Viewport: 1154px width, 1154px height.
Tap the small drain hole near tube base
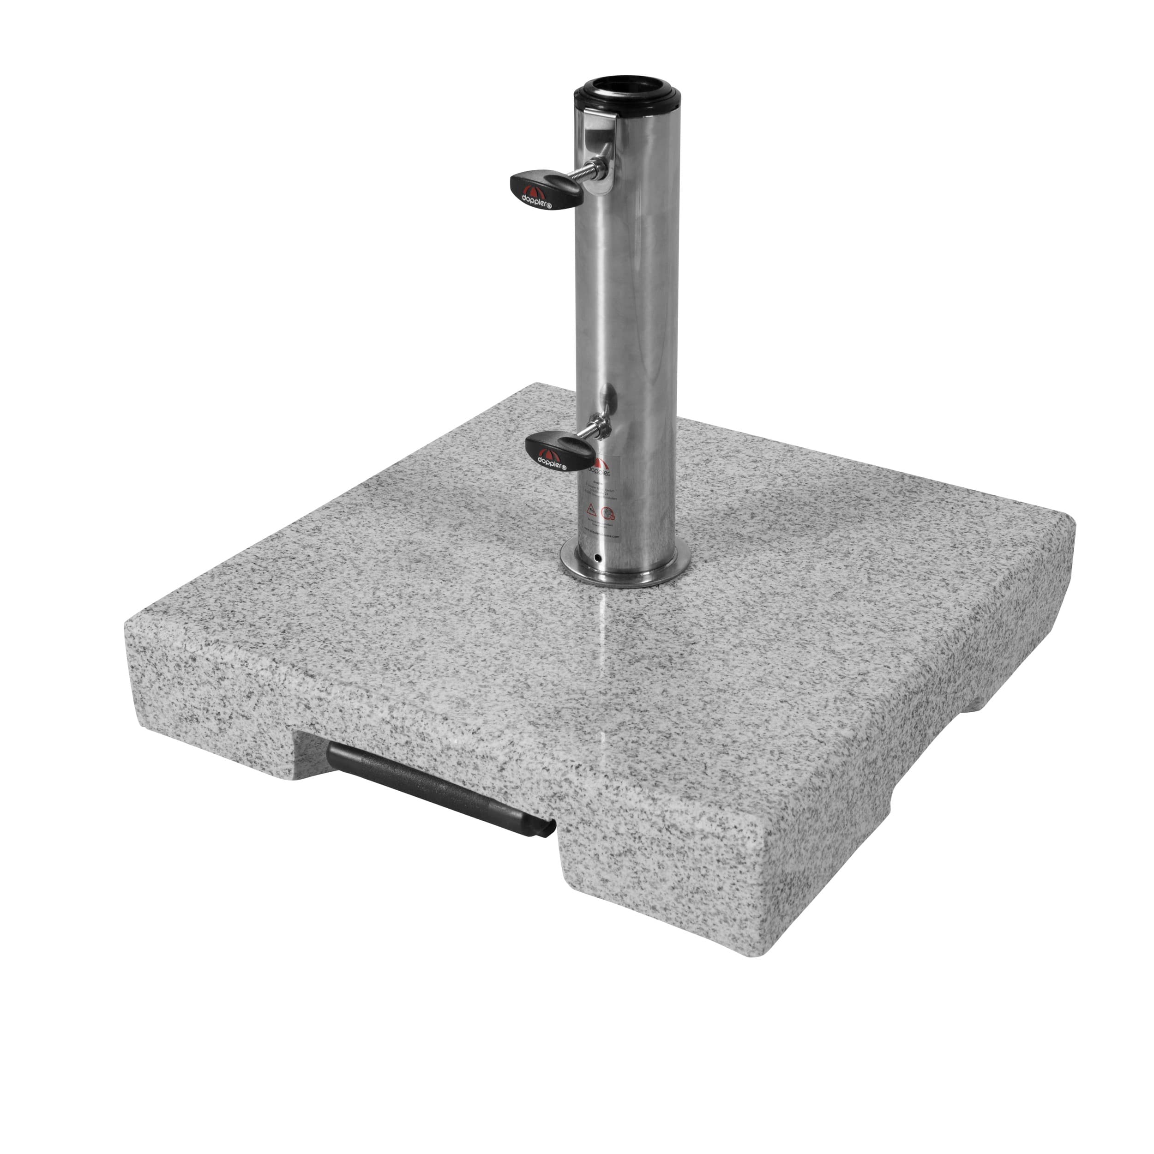[598, 557]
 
